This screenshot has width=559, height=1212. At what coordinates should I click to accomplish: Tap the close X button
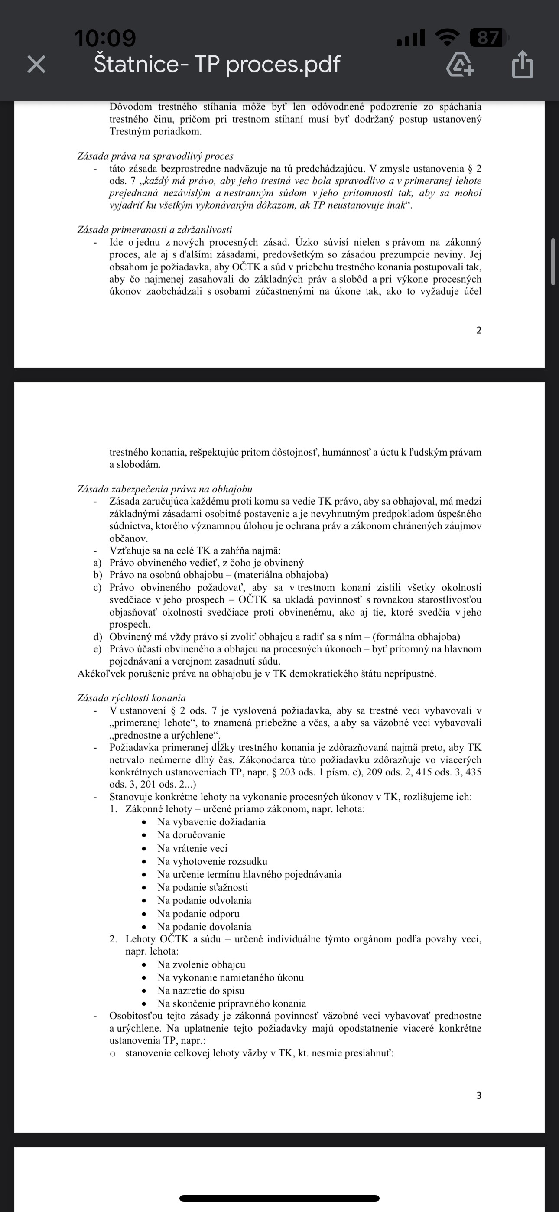click(x=36, y=64)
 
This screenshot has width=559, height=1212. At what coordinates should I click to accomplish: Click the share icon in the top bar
click(x=522, y=64)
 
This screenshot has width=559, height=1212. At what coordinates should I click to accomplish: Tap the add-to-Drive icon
click(x=460, y=64)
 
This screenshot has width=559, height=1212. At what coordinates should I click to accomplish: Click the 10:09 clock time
click(x=105, y=38)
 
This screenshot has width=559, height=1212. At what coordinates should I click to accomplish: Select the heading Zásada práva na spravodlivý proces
click(x=155, y=156)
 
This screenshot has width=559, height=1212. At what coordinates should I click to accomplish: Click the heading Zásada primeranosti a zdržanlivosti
click(x=155, y=230)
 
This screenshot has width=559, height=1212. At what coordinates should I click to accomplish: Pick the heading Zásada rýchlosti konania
click(x=132, y=698)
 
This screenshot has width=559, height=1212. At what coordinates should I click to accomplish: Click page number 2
click(x=479, y=330)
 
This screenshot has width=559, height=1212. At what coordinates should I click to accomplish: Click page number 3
click(x=479, y=1095)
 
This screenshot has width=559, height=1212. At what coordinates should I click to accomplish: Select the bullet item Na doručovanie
click(x=191, y=835)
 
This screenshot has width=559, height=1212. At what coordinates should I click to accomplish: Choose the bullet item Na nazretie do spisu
click(x=201, y=990)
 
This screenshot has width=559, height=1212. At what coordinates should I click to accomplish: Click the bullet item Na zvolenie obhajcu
click(x=201, y=964)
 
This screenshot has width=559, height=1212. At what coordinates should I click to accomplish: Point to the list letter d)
click(x=98, y=637)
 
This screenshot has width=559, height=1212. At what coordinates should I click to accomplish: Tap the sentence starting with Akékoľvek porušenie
click(x=257, y=674)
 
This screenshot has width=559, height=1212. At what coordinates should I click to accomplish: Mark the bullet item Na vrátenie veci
click(x=192, y=848)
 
